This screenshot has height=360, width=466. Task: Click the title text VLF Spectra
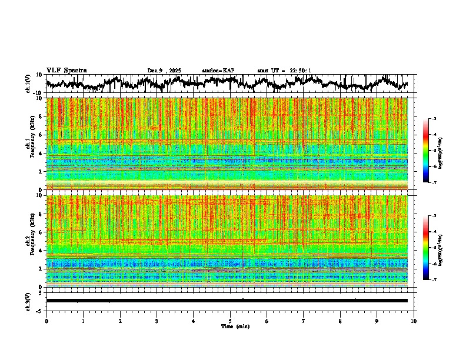click(66, 71)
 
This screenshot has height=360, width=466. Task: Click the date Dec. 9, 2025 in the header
click(164, 71)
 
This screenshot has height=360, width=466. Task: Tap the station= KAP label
click(218, 71)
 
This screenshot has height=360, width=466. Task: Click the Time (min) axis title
click(234, 326)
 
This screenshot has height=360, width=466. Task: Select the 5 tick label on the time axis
click(230, 321)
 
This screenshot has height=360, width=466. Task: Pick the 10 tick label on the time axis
click(414, 321)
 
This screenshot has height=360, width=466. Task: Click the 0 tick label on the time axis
click(46, 321)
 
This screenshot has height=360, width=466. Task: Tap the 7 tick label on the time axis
click(304, 321)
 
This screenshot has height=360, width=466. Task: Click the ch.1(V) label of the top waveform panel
click(28, 84)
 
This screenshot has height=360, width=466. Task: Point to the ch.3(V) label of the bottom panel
click(28, 301)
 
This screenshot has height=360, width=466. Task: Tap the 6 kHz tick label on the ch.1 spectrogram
click(42, 135)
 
